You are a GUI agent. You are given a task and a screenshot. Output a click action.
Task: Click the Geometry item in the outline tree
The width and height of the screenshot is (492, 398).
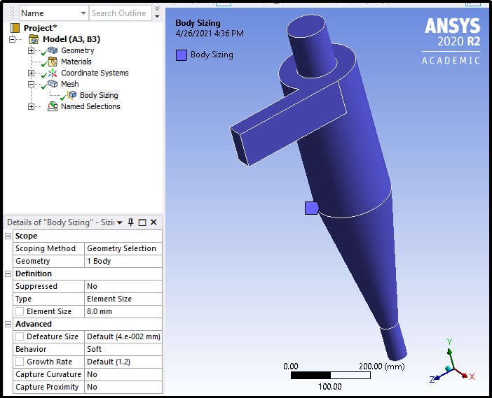pos(77,50)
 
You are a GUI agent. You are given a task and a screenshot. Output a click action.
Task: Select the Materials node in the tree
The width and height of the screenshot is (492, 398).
pos(76,62)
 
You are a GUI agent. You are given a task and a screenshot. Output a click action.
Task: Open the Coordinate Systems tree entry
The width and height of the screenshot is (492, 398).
pos(95,73)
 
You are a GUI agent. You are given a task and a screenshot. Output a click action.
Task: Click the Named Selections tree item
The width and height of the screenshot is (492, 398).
pos(90,106)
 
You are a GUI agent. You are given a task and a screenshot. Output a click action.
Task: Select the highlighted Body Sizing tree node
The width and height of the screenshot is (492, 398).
pos(98,95)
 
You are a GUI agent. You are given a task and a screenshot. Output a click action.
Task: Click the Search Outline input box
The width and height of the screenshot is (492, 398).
pos(118,13)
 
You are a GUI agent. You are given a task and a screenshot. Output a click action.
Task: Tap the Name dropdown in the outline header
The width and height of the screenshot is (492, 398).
pos(53,13)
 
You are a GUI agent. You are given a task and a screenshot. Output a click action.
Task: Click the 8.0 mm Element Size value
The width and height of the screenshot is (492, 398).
pos(122,311)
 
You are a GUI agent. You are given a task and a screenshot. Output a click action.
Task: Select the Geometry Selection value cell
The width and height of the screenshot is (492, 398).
pos(122,248)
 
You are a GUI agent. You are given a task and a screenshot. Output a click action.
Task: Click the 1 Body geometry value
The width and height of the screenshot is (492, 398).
pos(122,261)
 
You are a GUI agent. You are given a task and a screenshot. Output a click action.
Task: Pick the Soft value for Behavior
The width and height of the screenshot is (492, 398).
pos(122,349)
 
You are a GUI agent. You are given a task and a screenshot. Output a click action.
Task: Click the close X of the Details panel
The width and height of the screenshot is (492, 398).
pos(153,222)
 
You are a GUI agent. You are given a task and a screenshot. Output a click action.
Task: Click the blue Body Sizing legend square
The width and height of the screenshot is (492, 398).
pos(182,55)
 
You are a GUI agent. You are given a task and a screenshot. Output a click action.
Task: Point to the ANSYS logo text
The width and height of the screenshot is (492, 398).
pos(452,27)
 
